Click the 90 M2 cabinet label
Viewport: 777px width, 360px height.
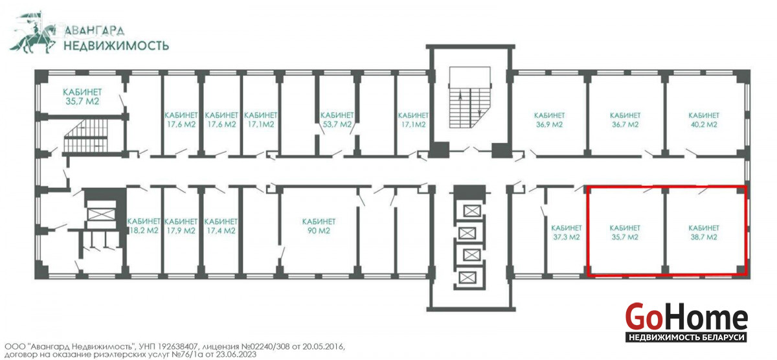pyautogui.click(x=319, y=226)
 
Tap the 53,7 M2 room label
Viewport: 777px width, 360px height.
pyautogui.click(x=337, y=120)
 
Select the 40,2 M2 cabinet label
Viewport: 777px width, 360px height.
pyautogui.click(x=704, y=120)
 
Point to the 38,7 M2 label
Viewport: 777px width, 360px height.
pyautogui.click(x=704, y=232)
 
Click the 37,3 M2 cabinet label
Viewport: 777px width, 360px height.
pyautogui.click(x=566, y=232)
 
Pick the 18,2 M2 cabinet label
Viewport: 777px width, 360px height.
pyautogui.click(x=144, y=226)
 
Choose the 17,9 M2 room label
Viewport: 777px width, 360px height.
pyautogui.click(x=181, y=226)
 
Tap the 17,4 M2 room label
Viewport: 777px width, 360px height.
pyautogui.click(x=221, y=226)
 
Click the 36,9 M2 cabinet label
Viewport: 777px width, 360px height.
pyautogui.click(x=549, y=120)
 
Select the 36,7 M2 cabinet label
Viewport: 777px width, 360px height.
pyautogui.click(x=625, y=120)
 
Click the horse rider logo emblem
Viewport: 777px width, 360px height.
pyautogui.click(x=33, y=33)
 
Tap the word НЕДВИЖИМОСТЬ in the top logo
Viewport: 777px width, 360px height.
pyautogui.click(x=116, y=45)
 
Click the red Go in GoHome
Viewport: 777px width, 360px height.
pyautogui.click(x=643, y=317)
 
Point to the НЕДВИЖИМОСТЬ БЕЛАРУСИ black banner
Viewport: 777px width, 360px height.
pyautogui.click(x=686, y=337)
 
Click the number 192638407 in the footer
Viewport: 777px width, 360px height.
pyautogui.click(x=178, y=346)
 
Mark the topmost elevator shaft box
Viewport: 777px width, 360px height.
pyautogui.click(x=472, y=210)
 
